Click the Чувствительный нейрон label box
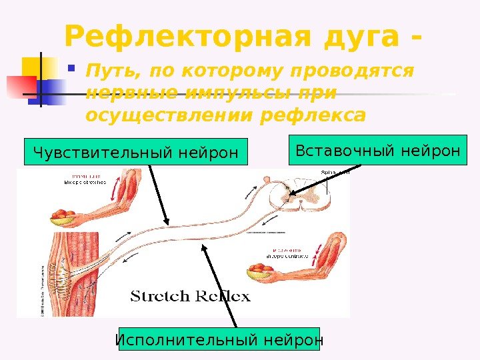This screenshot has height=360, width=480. tap(135, 152)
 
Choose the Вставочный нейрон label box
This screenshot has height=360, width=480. tap(378, 151)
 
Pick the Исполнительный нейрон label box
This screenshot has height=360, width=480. tap(219, 341)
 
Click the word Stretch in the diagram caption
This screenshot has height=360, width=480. tap(161, 295)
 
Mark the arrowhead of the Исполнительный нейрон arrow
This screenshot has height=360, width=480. tap(204, 246)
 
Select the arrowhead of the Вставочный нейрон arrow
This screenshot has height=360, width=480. tap(290, 197)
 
